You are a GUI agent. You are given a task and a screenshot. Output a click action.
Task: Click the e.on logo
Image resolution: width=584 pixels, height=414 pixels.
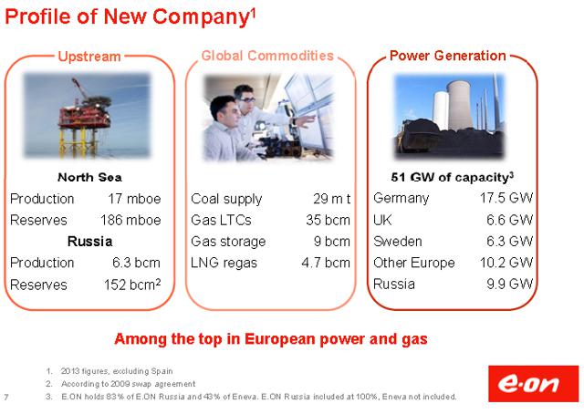coord(533,384)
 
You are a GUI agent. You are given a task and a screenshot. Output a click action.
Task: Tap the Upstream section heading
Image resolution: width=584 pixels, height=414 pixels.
coord(89,57)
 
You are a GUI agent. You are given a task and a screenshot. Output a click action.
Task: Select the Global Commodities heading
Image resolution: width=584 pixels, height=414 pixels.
coord(267,56)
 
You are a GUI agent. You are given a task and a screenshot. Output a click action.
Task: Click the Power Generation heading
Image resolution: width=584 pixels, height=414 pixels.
coord(448,56)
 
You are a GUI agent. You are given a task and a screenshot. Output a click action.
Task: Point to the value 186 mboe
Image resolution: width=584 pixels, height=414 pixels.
coord(130,220)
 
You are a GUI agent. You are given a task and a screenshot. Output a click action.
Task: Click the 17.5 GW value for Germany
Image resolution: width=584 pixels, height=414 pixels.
coord(506,198)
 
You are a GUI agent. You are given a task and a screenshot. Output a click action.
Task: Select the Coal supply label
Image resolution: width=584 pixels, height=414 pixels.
coord(226,199)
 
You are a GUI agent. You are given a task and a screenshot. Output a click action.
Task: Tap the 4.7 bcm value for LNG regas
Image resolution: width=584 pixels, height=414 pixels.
coord(326,263)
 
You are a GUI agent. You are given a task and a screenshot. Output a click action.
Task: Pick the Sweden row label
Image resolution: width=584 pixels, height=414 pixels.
coord(398,242)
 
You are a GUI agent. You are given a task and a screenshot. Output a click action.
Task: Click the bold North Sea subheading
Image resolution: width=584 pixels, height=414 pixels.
coord(89,177)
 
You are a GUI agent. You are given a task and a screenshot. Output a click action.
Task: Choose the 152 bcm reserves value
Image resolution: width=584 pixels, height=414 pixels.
coord(132,285)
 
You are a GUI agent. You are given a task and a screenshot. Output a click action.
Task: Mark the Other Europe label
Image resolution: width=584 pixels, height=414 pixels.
coord(413,263)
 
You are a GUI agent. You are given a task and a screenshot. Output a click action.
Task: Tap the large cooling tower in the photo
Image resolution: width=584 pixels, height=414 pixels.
coord(460,105)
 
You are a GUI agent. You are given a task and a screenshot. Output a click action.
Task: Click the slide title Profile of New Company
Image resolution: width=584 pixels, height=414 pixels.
coord(130,16)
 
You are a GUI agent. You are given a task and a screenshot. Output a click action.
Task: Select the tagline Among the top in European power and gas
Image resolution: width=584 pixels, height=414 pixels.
coord(271,339)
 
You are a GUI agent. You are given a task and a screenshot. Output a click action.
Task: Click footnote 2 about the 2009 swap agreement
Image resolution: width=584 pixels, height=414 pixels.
coord(128,384)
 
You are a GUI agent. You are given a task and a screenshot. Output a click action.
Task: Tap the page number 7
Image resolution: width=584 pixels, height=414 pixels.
coord(6,398)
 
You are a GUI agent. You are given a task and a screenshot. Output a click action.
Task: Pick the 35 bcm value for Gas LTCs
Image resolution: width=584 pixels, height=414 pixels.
coord(328,220)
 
